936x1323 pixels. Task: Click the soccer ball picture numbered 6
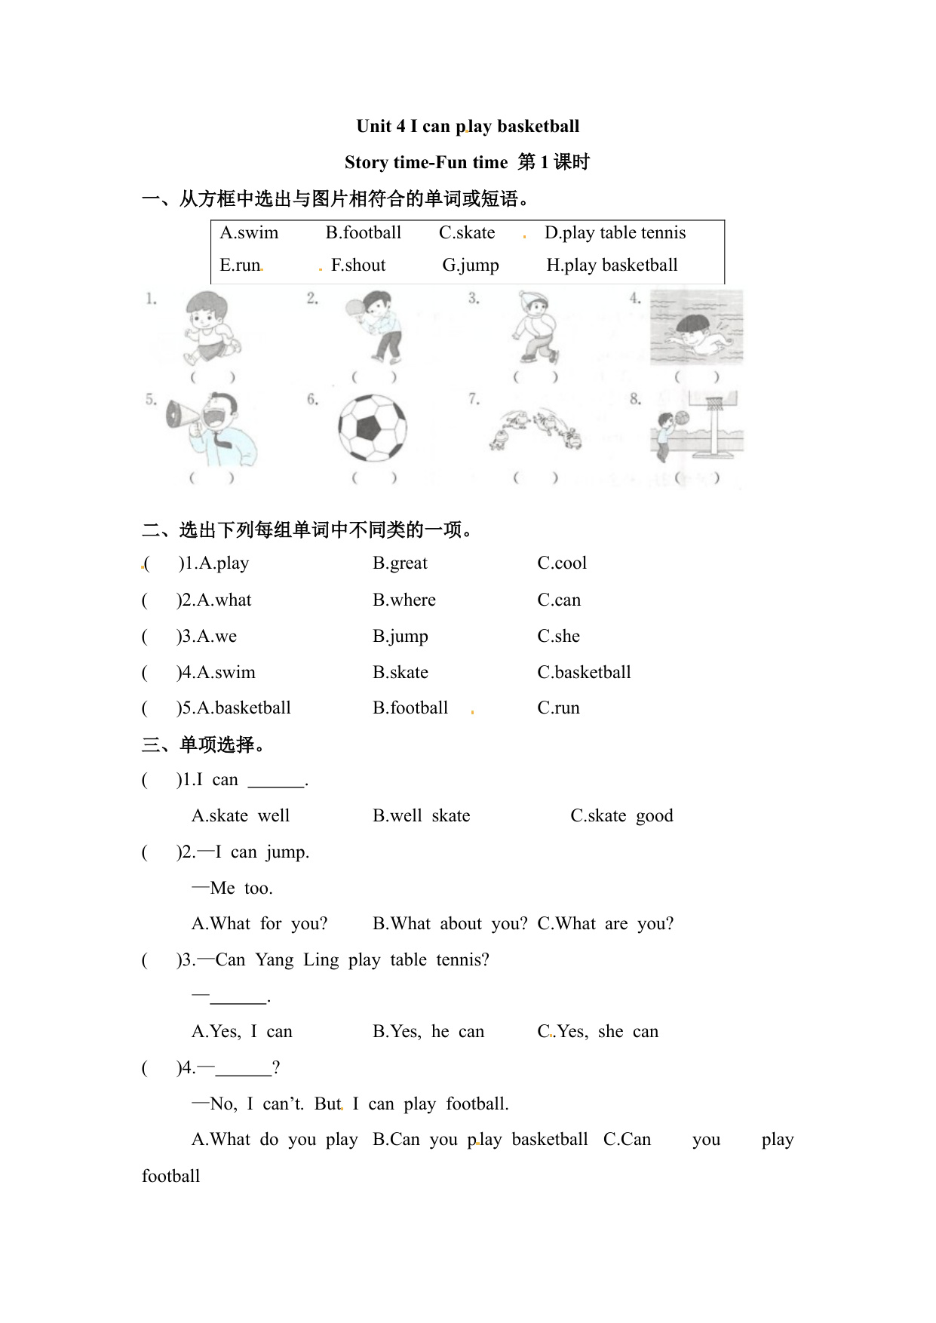tap(372, 428)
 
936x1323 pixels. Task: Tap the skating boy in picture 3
tap(534, 329)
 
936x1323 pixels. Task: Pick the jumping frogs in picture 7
tap(535, 428)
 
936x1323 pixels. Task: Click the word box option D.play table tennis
tap(615, 232)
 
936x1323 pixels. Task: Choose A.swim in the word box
tap(249, 232)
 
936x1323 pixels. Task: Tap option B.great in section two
tap(400, 563)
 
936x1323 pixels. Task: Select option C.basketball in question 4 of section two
tap(584, 672)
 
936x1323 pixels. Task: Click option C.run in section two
tap(558, 708)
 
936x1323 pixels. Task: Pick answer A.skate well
tap(241, 815)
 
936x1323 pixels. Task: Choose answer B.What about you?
tap(450, 923)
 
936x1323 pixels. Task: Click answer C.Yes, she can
tap(597, 1031)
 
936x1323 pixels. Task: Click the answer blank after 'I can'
tap(276, 781)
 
